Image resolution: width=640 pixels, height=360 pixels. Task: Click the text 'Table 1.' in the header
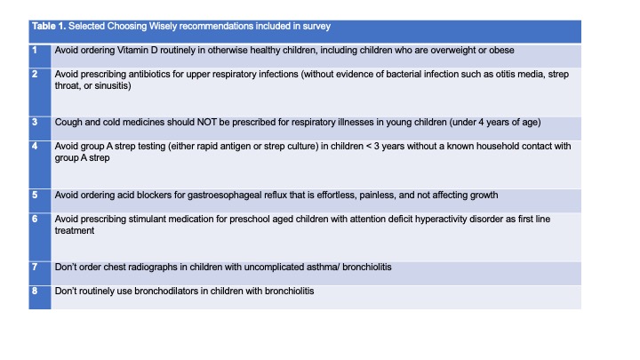[49, 26]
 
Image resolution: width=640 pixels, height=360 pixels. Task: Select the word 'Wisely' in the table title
[163, 26]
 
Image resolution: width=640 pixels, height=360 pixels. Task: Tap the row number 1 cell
[40, 56]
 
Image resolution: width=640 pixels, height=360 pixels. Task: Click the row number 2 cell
[40, 92]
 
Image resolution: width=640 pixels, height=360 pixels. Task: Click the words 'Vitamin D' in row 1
[137, 50]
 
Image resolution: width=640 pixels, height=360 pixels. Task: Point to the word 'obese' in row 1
[501, 50]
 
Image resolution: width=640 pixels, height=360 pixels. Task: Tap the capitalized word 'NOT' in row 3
[207, 123]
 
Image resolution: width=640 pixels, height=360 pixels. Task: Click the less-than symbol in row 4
[369, 147]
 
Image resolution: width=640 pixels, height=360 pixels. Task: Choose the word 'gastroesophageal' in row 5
[225, 195]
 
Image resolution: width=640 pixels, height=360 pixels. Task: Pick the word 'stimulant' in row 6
[147, 220]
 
